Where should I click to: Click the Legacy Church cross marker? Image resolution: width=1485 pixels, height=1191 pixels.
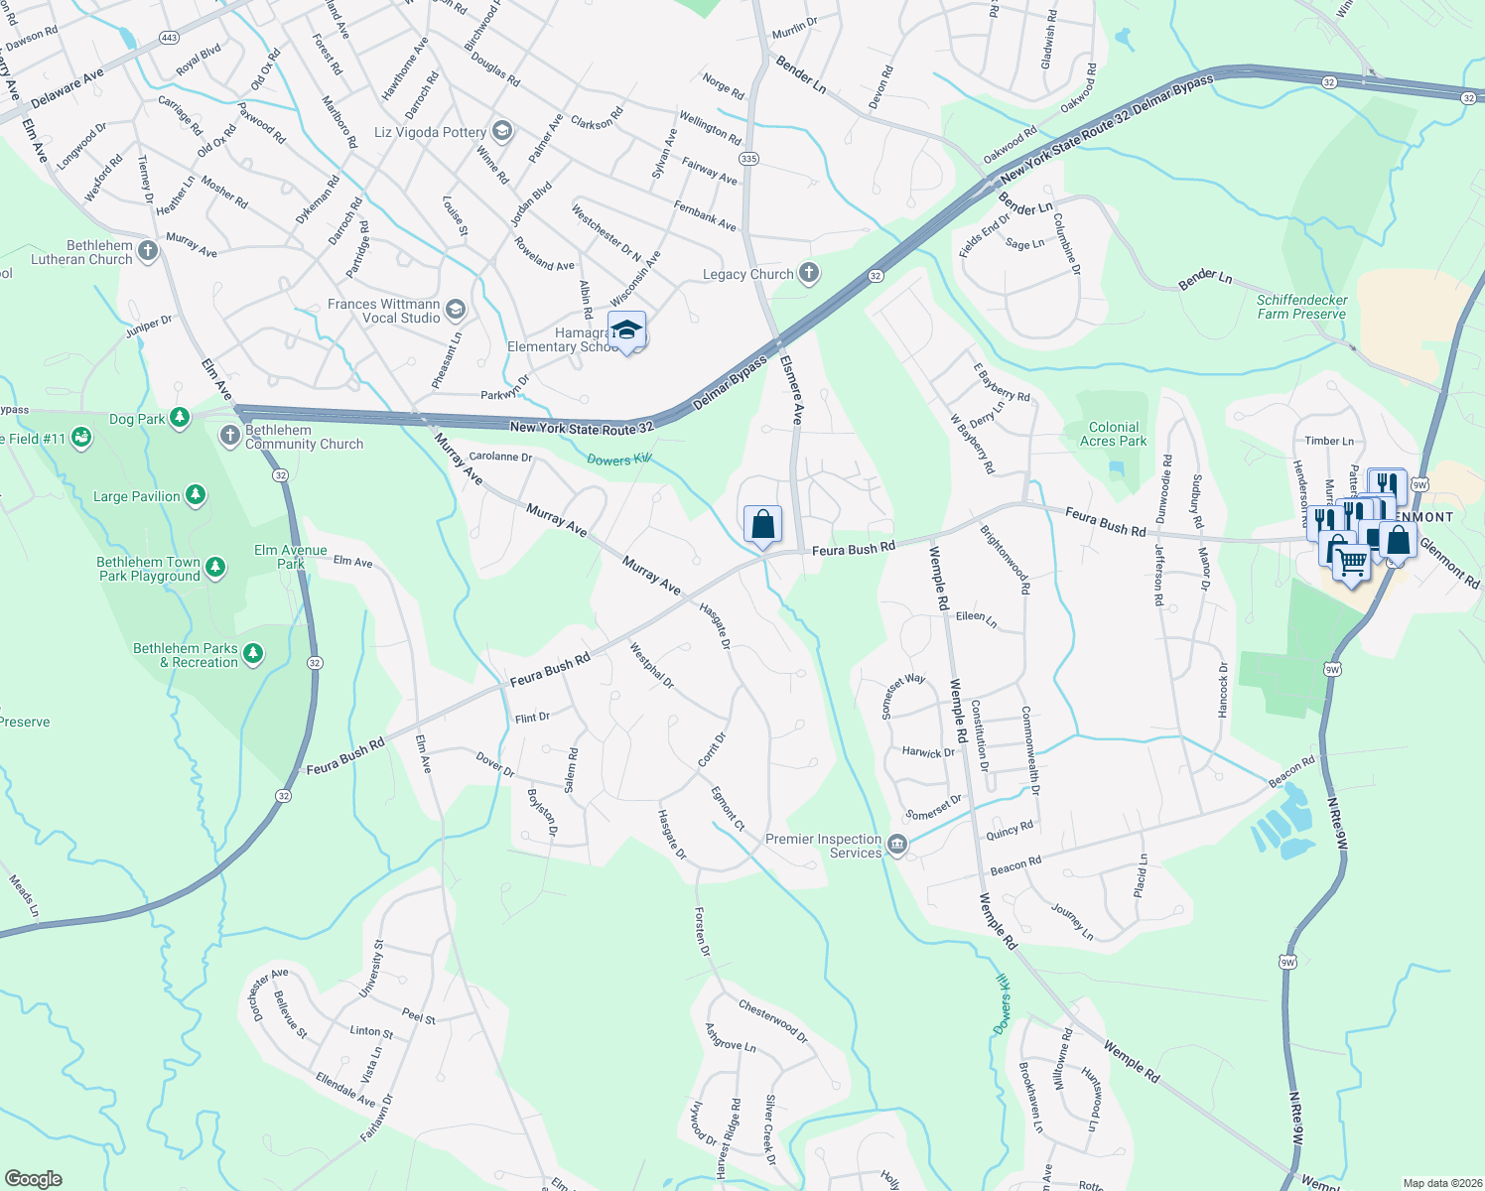coord(809,273)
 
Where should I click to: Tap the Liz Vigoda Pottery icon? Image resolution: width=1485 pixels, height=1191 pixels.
coord(501,131)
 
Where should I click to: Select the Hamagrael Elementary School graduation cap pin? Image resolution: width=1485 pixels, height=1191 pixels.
coord(626,331)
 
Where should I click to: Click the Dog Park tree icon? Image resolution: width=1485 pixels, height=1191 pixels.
coord(180,418)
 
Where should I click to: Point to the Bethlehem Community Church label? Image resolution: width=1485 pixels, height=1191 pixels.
coord(304,438)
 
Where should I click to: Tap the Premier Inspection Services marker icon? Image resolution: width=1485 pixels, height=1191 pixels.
coord(897,845)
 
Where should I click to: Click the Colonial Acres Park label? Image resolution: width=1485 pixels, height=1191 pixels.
coord(1113,434)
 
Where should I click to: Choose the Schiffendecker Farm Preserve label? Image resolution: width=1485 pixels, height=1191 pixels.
coord(1301,307)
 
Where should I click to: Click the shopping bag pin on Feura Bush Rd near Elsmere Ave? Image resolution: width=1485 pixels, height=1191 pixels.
coord(762,524)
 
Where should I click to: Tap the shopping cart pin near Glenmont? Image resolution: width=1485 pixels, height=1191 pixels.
coord(1351,563)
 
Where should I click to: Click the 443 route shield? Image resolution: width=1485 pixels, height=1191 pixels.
coord(169,38)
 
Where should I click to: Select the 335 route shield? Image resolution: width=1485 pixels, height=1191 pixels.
coord(748,159)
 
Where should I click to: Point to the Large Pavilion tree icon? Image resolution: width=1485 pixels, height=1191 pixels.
coord(196,495)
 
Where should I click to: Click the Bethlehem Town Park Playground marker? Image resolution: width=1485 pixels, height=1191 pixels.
coord(215,568)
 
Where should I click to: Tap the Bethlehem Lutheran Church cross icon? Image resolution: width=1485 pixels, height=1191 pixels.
coord(148,250)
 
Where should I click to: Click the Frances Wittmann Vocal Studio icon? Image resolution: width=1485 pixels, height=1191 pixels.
coord(455,310)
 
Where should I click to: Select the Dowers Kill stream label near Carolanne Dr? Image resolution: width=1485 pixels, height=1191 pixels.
coord(617,460)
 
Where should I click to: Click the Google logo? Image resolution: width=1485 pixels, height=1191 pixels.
coord(34,1178)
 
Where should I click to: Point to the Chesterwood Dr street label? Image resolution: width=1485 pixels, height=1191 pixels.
coord(773,1021)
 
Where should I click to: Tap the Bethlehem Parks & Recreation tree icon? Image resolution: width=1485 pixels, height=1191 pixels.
coord(253,653)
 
